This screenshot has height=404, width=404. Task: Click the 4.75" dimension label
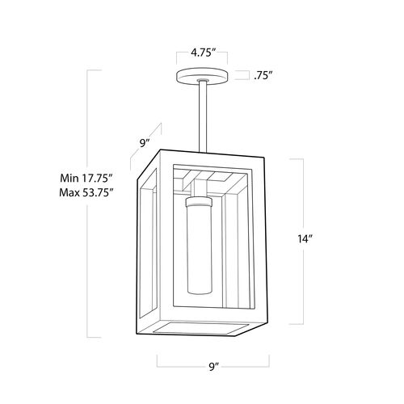coord(202,53)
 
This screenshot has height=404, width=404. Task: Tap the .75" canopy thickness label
coord(262,76)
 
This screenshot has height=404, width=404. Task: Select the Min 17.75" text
coord(86,178)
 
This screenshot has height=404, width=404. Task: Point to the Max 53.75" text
coord(86,192)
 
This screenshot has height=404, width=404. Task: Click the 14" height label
coord(305,238)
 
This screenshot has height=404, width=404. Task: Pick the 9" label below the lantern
coord(213,367)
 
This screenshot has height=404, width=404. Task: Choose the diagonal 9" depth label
coord(145,143)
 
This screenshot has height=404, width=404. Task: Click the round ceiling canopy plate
coord(202,77)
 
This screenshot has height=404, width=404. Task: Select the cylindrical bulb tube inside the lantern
coord(200,246)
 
